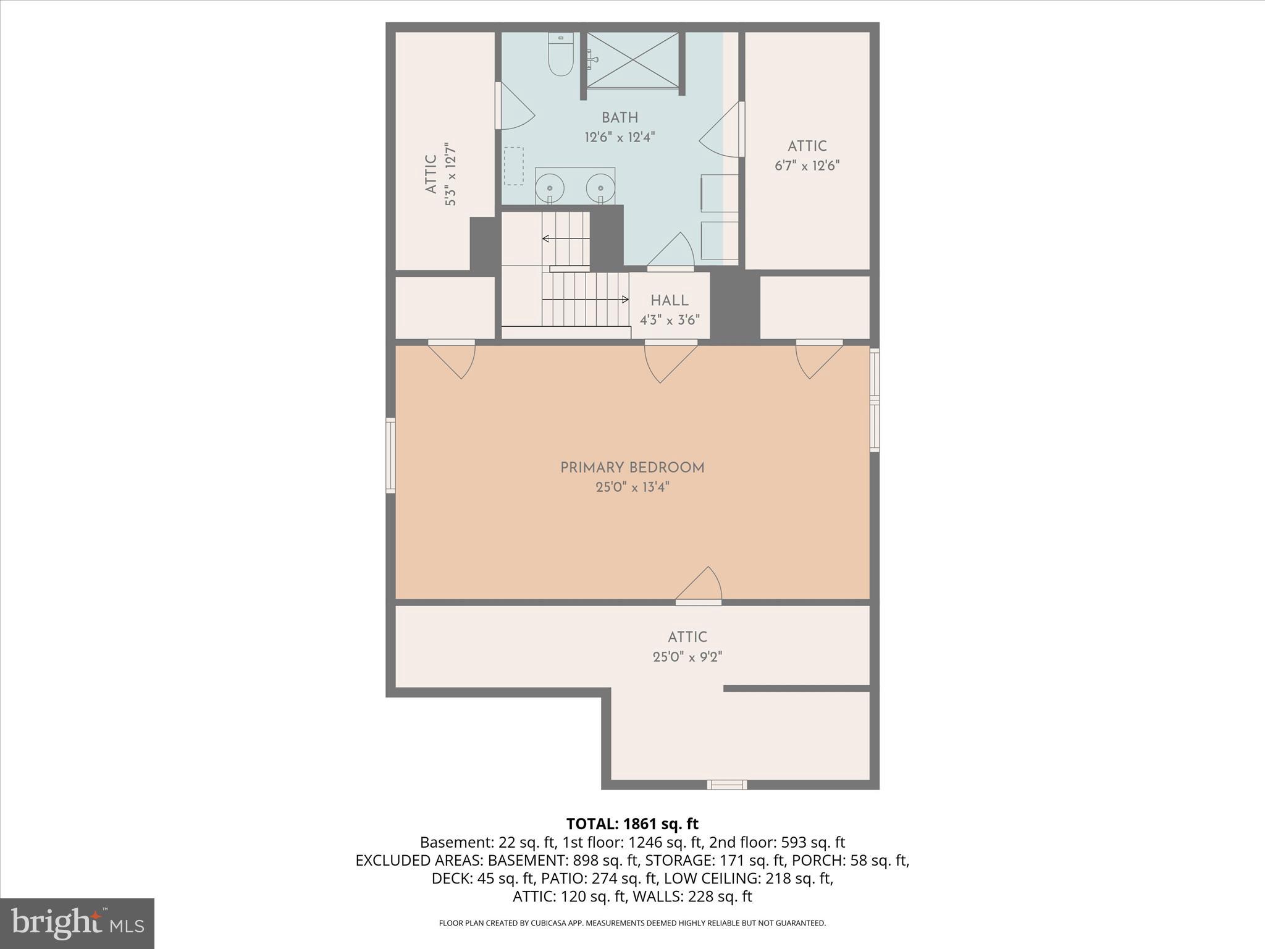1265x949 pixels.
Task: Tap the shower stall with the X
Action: (632, 60)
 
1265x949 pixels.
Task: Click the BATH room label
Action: (620, 117)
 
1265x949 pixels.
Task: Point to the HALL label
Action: (669, 301)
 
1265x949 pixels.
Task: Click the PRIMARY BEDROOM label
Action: (632, 468)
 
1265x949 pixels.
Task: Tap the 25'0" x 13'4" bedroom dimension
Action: (632, 487)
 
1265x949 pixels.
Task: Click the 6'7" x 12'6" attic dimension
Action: (807, 166)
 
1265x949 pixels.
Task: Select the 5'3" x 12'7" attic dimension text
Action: (450, 174)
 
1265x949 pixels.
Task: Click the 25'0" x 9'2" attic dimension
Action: (687, 657)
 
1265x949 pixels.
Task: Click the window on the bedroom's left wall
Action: (390, 455)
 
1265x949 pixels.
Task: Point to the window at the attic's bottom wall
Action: (726, 785)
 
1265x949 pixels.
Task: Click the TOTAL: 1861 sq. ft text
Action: (632, 824)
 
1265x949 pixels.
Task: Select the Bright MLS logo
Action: (77, 923)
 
